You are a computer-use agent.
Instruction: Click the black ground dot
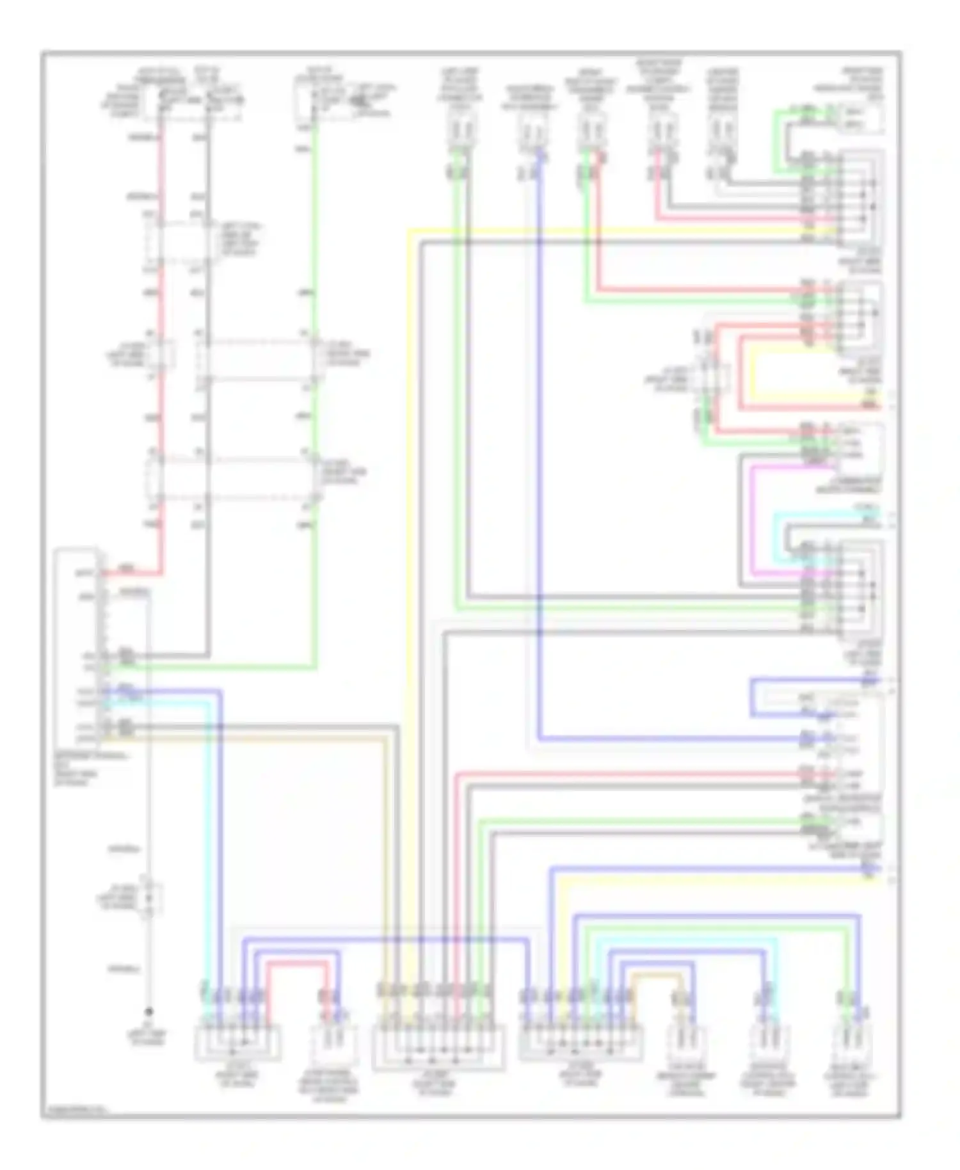148,1011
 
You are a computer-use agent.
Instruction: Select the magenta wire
753,518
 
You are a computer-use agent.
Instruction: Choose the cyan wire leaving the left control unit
160,703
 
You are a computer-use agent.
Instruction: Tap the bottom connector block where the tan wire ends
438,1047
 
